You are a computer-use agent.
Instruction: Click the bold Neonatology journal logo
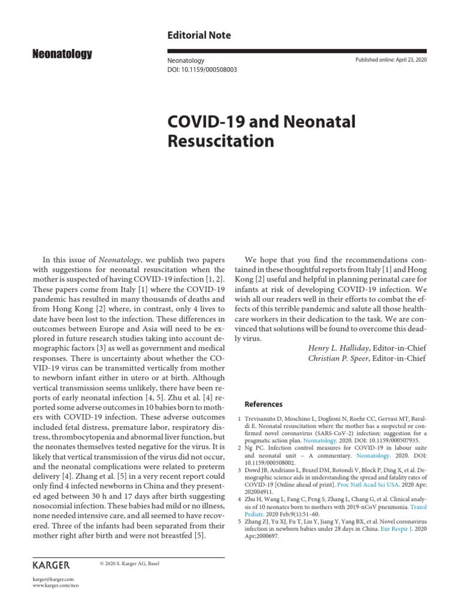coord(62,54)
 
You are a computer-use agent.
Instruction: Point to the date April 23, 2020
coord(408,60)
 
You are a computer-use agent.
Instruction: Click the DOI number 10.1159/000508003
coord(210,69)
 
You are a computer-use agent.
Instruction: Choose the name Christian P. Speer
coord(339,358)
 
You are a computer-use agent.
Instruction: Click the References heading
coord(264,404)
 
